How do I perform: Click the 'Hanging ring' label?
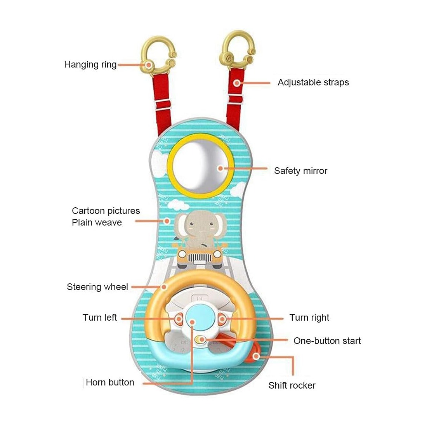pos(90,65)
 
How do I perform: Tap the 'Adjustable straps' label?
pos(313,82)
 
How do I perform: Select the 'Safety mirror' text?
pos(300,171)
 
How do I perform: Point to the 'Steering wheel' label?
pos(97,287)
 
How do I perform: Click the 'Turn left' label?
pos(100,318)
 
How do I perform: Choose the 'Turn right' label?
pos(309,318)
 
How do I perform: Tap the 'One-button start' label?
pos(327,341)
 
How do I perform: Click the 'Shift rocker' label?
pos(292,385)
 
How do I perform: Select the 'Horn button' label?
pos(110,382)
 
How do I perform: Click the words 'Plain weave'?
pos(97,222)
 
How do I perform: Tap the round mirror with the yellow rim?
pos(201,166)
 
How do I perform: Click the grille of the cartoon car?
pos(200,257)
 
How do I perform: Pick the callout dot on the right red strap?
pos(237,83)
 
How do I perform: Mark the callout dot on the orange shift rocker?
pos(256,356)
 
